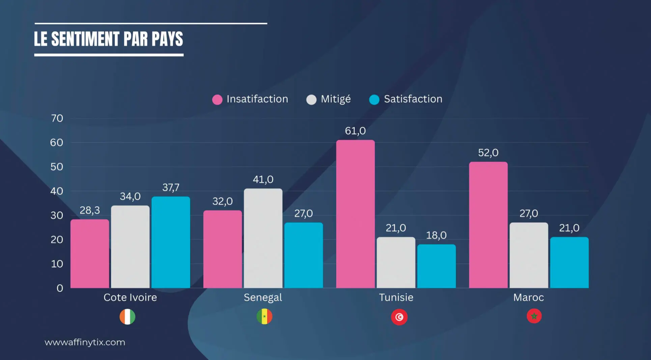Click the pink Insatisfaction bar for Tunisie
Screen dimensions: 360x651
point(355,214)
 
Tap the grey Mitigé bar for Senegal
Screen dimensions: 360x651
point(263,238)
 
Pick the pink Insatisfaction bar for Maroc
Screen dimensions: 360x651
point(488,225)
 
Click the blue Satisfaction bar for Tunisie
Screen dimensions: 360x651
point(436,266)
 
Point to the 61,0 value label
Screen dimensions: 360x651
point(355,131)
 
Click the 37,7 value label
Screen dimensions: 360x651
point(171,187)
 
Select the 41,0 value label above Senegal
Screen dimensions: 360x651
point(263,179)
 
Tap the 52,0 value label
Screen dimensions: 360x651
point(488,153)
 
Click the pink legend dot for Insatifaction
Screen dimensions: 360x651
point(217,99)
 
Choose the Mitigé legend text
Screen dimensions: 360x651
point(336,99)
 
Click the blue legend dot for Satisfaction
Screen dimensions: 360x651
point(374,99)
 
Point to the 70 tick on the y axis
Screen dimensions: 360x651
point(57,118)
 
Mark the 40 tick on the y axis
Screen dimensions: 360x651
point(57,191)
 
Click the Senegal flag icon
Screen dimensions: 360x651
point(264,317)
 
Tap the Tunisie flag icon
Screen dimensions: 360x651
point(399,317)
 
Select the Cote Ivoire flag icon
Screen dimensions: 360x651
point(128,317)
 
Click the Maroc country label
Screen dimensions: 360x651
point(529,297)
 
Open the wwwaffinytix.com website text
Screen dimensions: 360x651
point(85,342)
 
